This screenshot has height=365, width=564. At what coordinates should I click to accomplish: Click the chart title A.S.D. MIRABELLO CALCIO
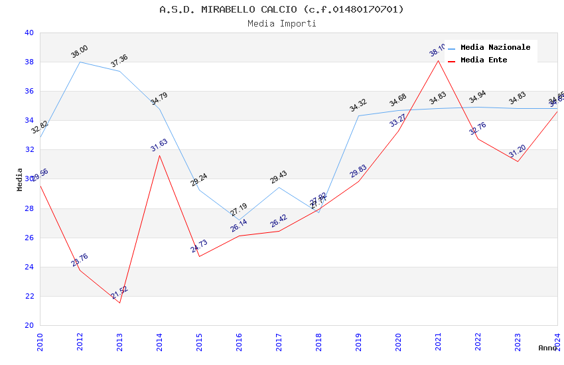(281, 9)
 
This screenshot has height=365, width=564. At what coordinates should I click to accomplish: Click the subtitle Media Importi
(281, 23)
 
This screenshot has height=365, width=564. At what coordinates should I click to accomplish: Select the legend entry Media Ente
(484, 60)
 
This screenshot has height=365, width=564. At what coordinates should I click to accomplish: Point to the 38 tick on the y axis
(29, 62)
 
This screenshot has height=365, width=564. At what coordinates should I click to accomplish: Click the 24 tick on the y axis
(29, 267)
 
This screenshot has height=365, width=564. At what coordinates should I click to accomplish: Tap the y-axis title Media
(20, 179)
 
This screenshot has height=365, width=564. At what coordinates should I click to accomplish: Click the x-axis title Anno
(547, 348)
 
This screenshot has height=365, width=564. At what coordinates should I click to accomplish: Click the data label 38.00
(80, 52)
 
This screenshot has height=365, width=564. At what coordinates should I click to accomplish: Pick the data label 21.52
(119, 292)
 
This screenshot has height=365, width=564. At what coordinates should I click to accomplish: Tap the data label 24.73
(199, 247)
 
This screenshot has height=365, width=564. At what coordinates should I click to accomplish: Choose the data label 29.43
(279, 177)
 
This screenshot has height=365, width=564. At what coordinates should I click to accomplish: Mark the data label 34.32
(358, 106)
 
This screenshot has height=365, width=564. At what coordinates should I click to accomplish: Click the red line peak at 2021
(438, 60)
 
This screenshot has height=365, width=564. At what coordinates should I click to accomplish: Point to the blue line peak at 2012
(80, 62)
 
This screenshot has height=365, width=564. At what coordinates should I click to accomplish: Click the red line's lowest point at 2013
(119, 303)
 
